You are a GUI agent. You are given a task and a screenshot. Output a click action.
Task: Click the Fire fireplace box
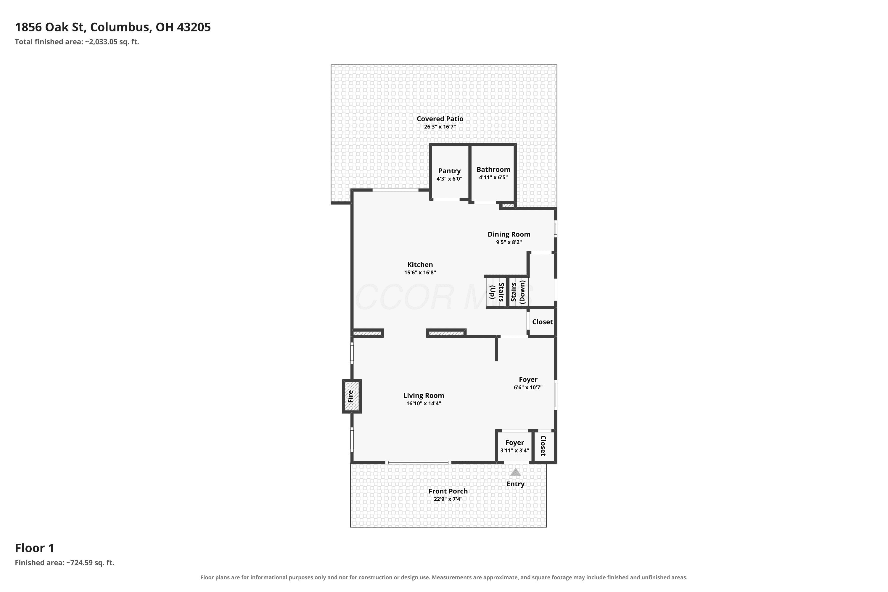pos(352,396)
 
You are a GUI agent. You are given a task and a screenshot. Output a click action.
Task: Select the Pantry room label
pos(449,171)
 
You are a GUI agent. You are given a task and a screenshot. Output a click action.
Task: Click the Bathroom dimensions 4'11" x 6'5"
pos(493,177)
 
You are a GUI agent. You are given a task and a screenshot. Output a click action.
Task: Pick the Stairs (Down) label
pos(518,292)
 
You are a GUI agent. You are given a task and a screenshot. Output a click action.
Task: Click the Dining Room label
pos(509,234)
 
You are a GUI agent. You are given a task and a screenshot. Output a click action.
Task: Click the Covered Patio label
pos(440,119)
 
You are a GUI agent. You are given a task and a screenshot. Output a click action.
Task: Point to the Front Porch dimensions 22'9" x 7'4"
pos(448,499)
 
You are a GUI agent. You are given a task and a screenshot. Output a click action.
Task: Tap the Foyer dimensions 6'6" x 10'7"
pos(528,387)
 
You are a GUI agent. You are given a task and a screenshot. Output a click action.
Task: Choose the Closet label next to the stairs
pos(542,322)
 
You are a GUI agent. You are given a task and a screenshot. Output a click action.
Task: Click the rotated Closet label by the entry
pos(543,446)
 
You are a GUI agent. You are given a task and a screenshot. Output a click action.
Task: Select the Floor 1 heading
pos(35,548)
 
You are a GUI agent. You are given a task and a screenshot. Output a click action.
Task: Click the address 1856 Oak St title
pos(113,27)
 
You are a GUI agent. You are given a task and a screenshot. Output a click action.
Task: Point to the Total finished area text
pos(77,42)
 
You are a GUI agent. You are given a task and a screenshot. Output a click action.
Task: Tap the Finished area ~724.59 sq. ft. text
pos(65,563)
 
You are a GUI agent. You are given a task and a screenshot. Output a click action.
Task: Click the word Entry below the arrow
pos(515,484)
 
